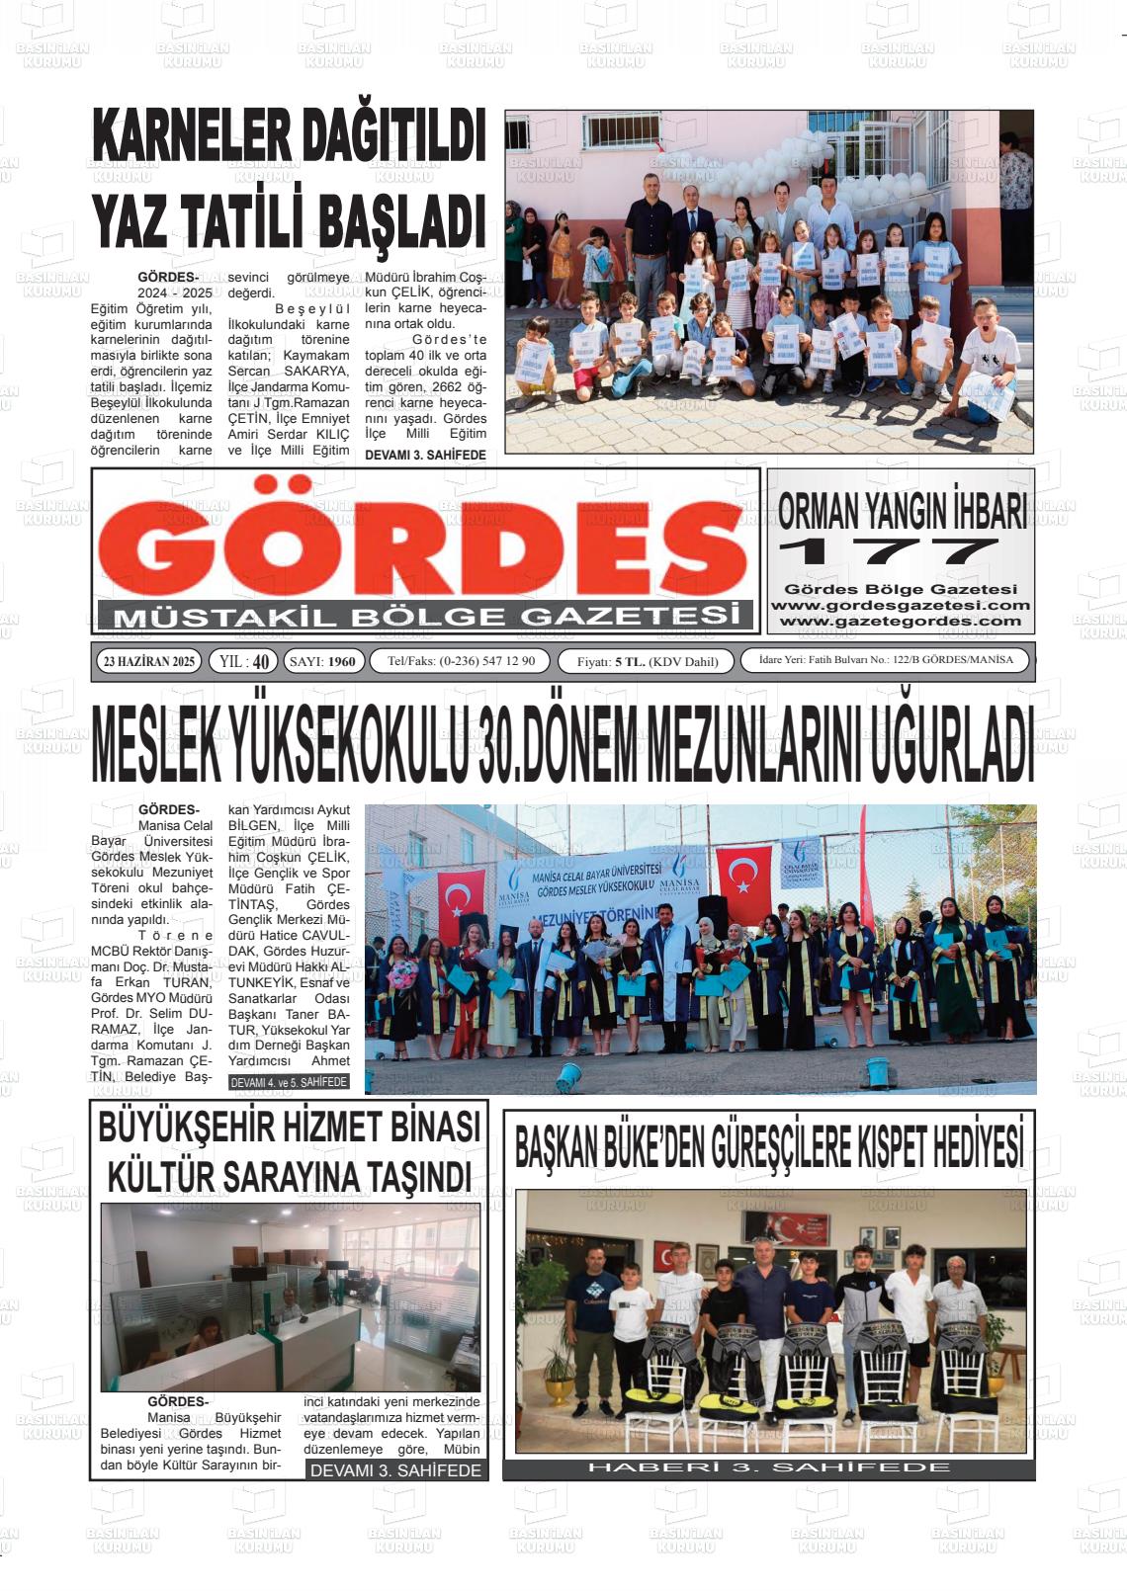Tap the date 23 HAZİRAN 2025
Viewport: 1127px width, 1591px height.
[x=149, y=661]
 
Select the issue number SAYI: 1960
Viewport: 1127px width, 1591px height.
[x=325, y=661]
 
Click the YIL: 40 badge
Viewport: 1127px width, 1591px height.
[x=243, y=661]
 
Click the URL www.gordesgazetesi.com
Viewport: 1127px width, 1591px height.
[x=900, y=605]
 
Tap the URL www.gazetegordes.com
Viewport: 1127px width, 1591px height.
[x=900, y=621]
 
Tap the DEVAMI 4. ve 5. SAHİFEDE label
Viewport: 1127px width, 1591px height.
[x=289, y=1082]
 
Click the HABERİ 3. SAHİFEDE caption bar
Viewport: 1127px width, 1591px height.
[x=769, y=1466]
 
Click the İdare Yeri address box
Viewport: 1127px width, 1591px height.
[x=885, y=660]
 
